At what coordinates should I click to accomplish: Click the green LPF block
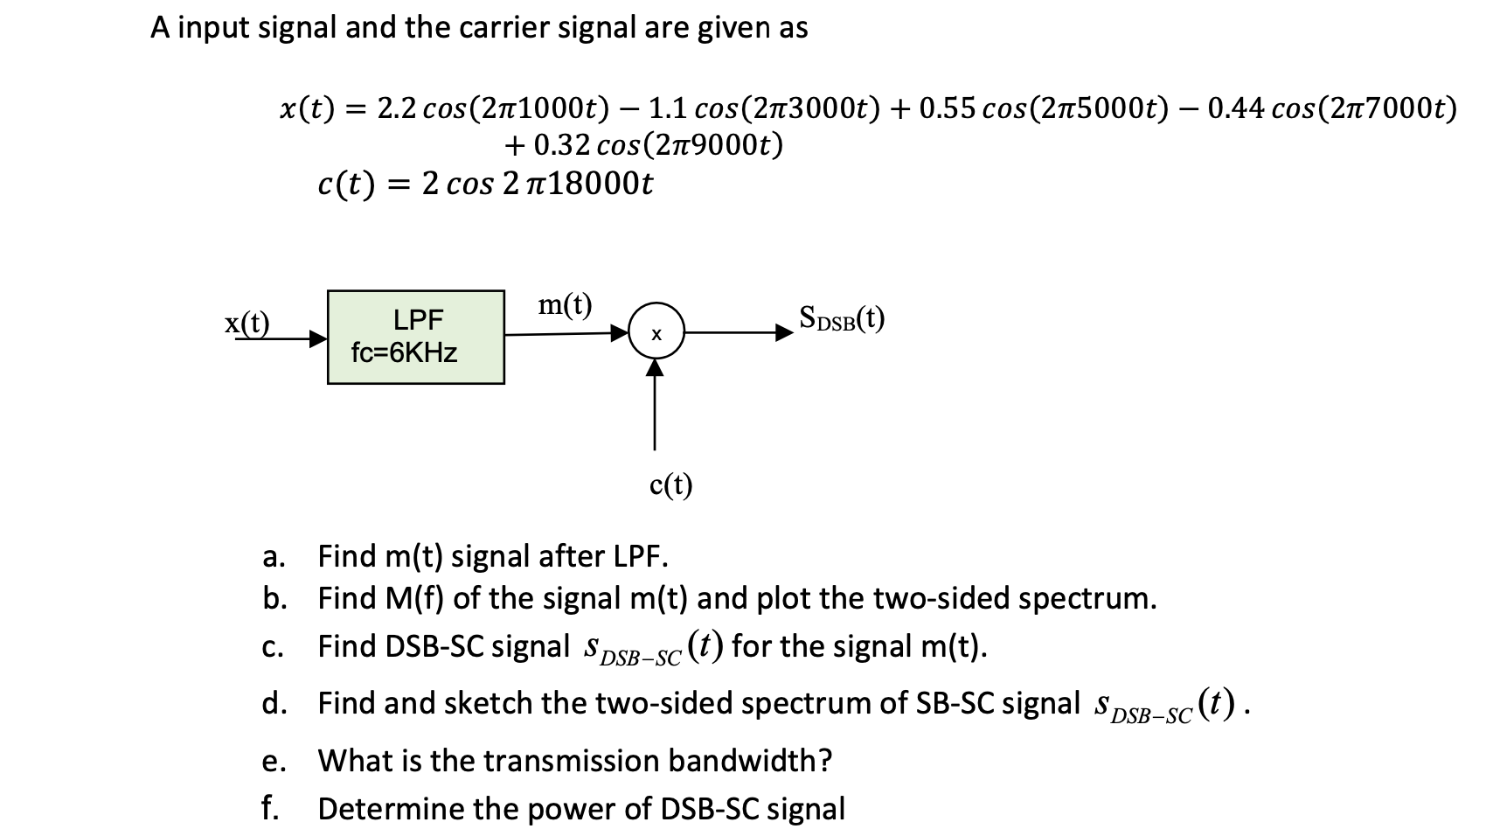(416, 337)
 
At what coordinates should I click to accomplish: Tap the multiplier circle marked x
(656, 333)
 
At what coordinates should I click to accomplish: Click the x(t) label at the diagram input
(247, 323)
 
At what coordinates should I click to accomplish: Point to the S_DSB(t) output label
(841, 317)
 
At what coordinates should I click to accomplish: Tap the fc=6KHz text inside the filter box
(404, 353)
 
